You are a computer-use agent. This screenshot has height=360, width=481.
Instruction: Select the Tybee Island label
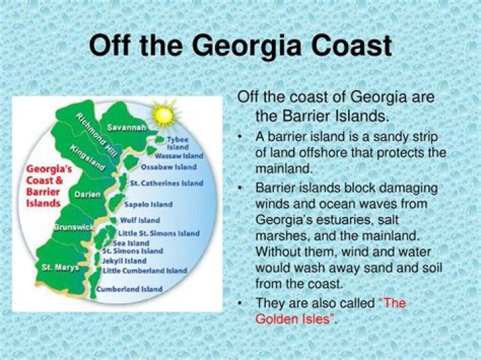(x=178, y=143)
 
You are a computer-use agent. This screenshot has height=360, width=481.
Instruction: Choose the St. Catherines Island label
(x=166, y=183)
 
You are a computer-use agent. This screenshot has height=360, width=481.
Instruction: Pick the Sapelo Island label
(x=148, y=204)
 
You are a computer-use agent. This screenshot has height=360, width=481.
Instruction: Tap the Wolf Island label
(x=140, y=220)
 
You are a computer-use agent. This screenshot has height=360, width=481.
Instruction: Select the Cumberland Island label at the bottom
(x=130, y=289)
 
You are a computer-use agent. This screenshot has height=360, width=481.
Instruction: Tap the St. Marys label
(x=60, y=267)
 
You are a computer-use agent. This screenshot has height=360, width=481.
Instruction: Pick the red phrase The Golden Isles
(x=330, y=311)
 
